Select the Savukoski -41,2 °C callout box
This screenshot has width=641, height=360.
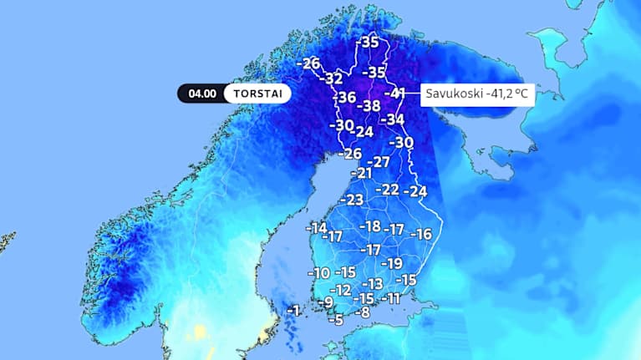(x=476, y=93)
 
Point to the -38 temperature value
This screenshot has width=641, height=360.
(x=368, y=106)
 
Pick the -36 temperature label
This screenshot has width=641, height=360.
(x=344, y=98)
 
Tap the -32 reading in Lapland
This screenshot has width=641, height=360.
(x=333, y=79)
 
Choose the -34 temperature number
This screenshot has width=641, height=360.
(x=392, y=119)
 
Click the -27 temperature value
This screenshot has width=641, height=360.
(x=379, y=161)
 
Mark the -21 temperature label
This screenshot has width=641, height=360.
(x=360, y=173)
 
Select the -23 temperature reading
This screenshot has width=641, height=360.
(x=350, y=200)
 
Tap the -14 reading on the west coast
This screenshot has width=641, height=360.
(x=316, y=227)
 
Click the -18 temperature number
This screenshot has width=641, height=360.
(x=369, y=226)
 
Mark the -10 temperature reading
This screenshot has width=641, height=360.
(x=318, y=272)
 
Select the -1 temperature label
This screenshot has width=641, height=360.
(x=292, y=310)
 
